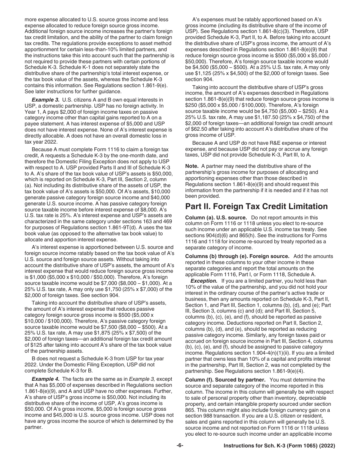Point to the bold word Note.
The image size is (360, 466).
(x=192, y=166)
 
